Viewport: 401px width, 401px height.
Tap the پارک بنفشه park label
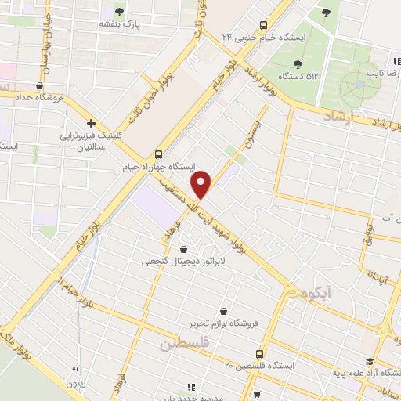[119, 24]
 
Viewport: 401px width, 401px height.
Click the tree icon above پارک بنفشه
[119, 11]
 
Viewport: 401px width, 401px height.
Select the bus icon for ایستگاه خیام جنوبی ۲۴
[264, 24]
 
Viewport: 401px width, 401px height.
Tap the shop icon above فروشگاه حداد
[39, 86]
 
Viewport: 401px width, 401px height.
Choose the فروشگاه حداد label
[38, 98]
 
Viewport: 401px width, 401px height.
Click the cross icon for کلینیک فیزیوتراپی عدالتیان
[92, 123]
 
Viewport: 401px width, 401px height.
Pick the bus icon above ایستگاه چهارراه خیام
[159, 154]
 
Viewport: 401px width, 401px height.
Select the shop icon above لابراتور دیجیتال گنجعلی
[184, 250]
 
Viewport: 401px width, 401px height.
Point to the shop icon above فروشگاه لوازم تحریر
[225, 310]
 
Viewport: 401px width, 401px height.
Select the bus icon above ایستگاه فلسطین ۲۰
[263, 353]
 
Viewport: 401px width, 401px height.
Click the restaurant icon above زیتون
[76, 371]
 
